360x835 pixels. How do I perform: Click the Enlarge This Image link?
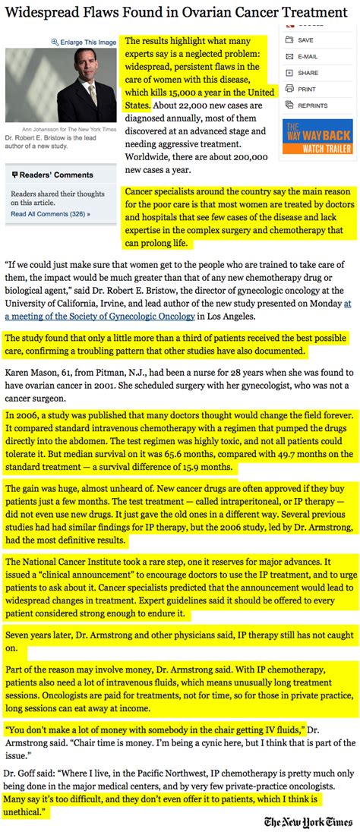point(85,41)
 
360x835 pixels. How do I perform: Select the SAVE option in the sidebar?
point(305,39)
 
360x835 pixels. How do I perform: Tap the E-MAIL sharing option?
point(307,56)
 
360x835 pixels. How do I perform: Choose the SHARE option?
point(308,73)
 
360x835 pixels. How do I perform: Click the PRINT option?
point(307,89)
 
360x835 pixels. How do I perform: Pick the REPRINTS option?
point(312,106)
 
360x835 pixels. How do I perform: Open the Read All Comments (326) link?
point(50,214)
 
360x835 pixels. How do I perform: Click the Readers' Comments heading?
point(55,175)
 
